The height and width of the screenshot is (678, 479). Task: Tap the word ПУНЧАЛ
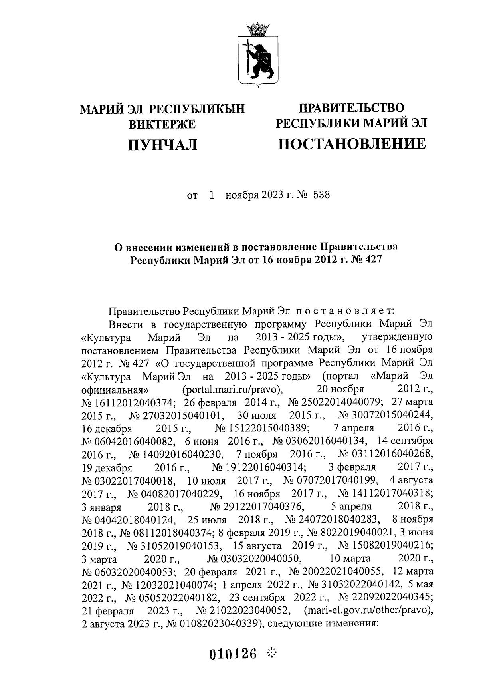(x=162, y=144)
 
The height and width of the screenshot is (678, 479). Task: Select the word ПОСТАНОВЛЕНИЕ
(x=352, y=143)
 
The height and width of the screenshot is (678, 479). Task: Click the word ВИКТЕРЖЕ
(x=162, y=124)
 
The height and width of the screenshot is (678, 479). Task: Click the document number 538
(x=322, y=196)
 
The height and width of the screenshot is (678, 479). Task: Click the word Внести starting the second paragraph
(x=123, y=324)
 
